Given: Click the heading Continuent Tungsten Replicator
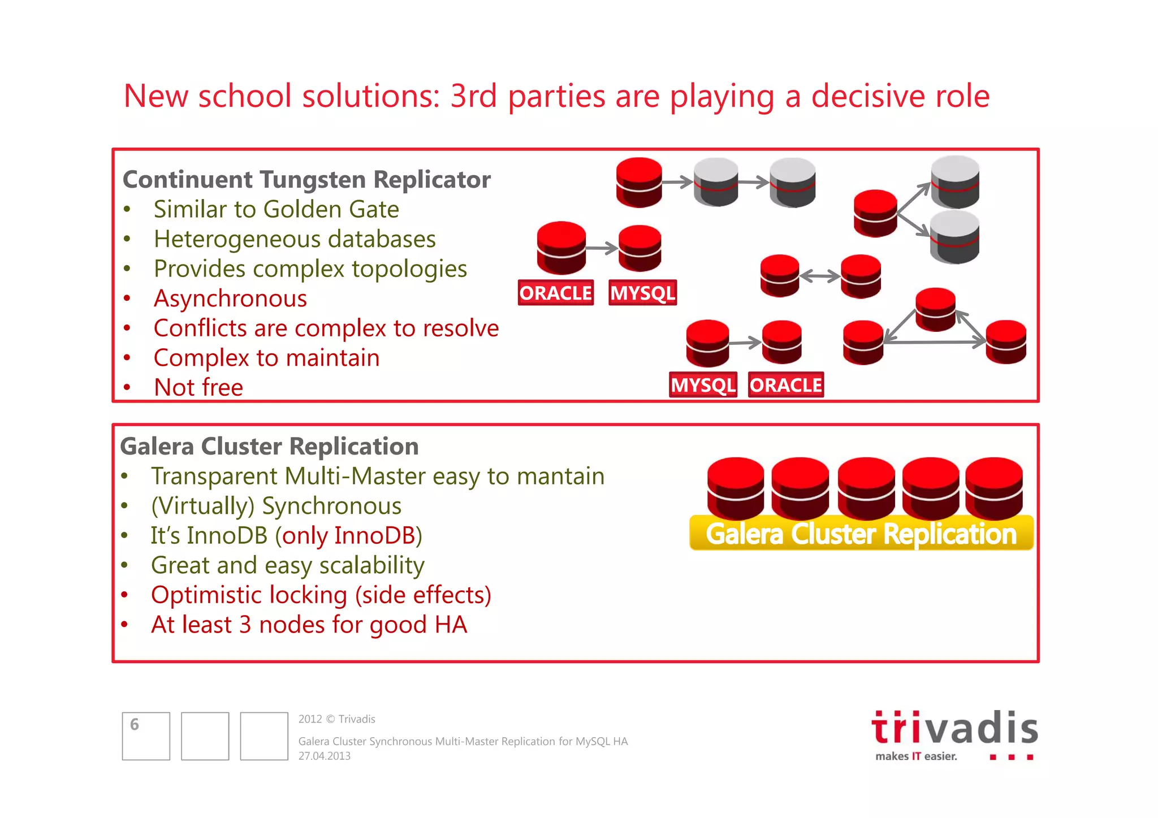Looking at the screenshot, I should [306, 180].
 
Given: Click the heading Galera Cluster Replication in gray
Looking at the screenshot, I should [269, 447].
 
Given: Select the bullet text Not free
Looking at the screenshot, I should [198, 388].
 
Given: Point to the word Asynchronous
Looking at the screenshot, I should [230, 298].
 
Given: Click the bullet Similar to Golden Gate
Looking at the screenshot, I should [276, 210].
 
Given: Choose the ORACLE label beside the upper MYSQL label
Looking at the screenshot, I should [555, 293].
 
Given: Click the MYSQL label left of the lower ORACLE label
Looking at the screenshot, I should [703, 385].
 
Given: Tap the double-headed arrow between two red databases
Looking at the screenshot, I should [820, 276].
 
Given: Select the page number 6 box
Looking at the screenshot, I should [146, 735].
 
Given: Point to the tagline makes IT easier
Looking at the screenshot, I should [916, 756].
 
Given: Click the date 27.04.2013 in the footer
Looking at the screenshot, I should [325, 756].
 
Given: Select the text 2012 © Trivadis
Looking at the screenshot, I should [336, 719].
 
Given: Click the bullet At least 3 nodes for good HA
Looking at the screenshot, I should [309, 625].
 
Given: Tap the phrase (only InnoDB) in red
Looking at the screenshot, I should [349, 536].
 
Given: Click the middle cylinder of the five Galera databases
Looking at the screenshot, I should [866, 488].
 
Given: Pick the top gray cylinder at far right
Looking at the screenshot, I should [955, 181].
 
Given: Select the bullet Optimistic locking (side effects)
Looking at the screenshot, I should [321, 595].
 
